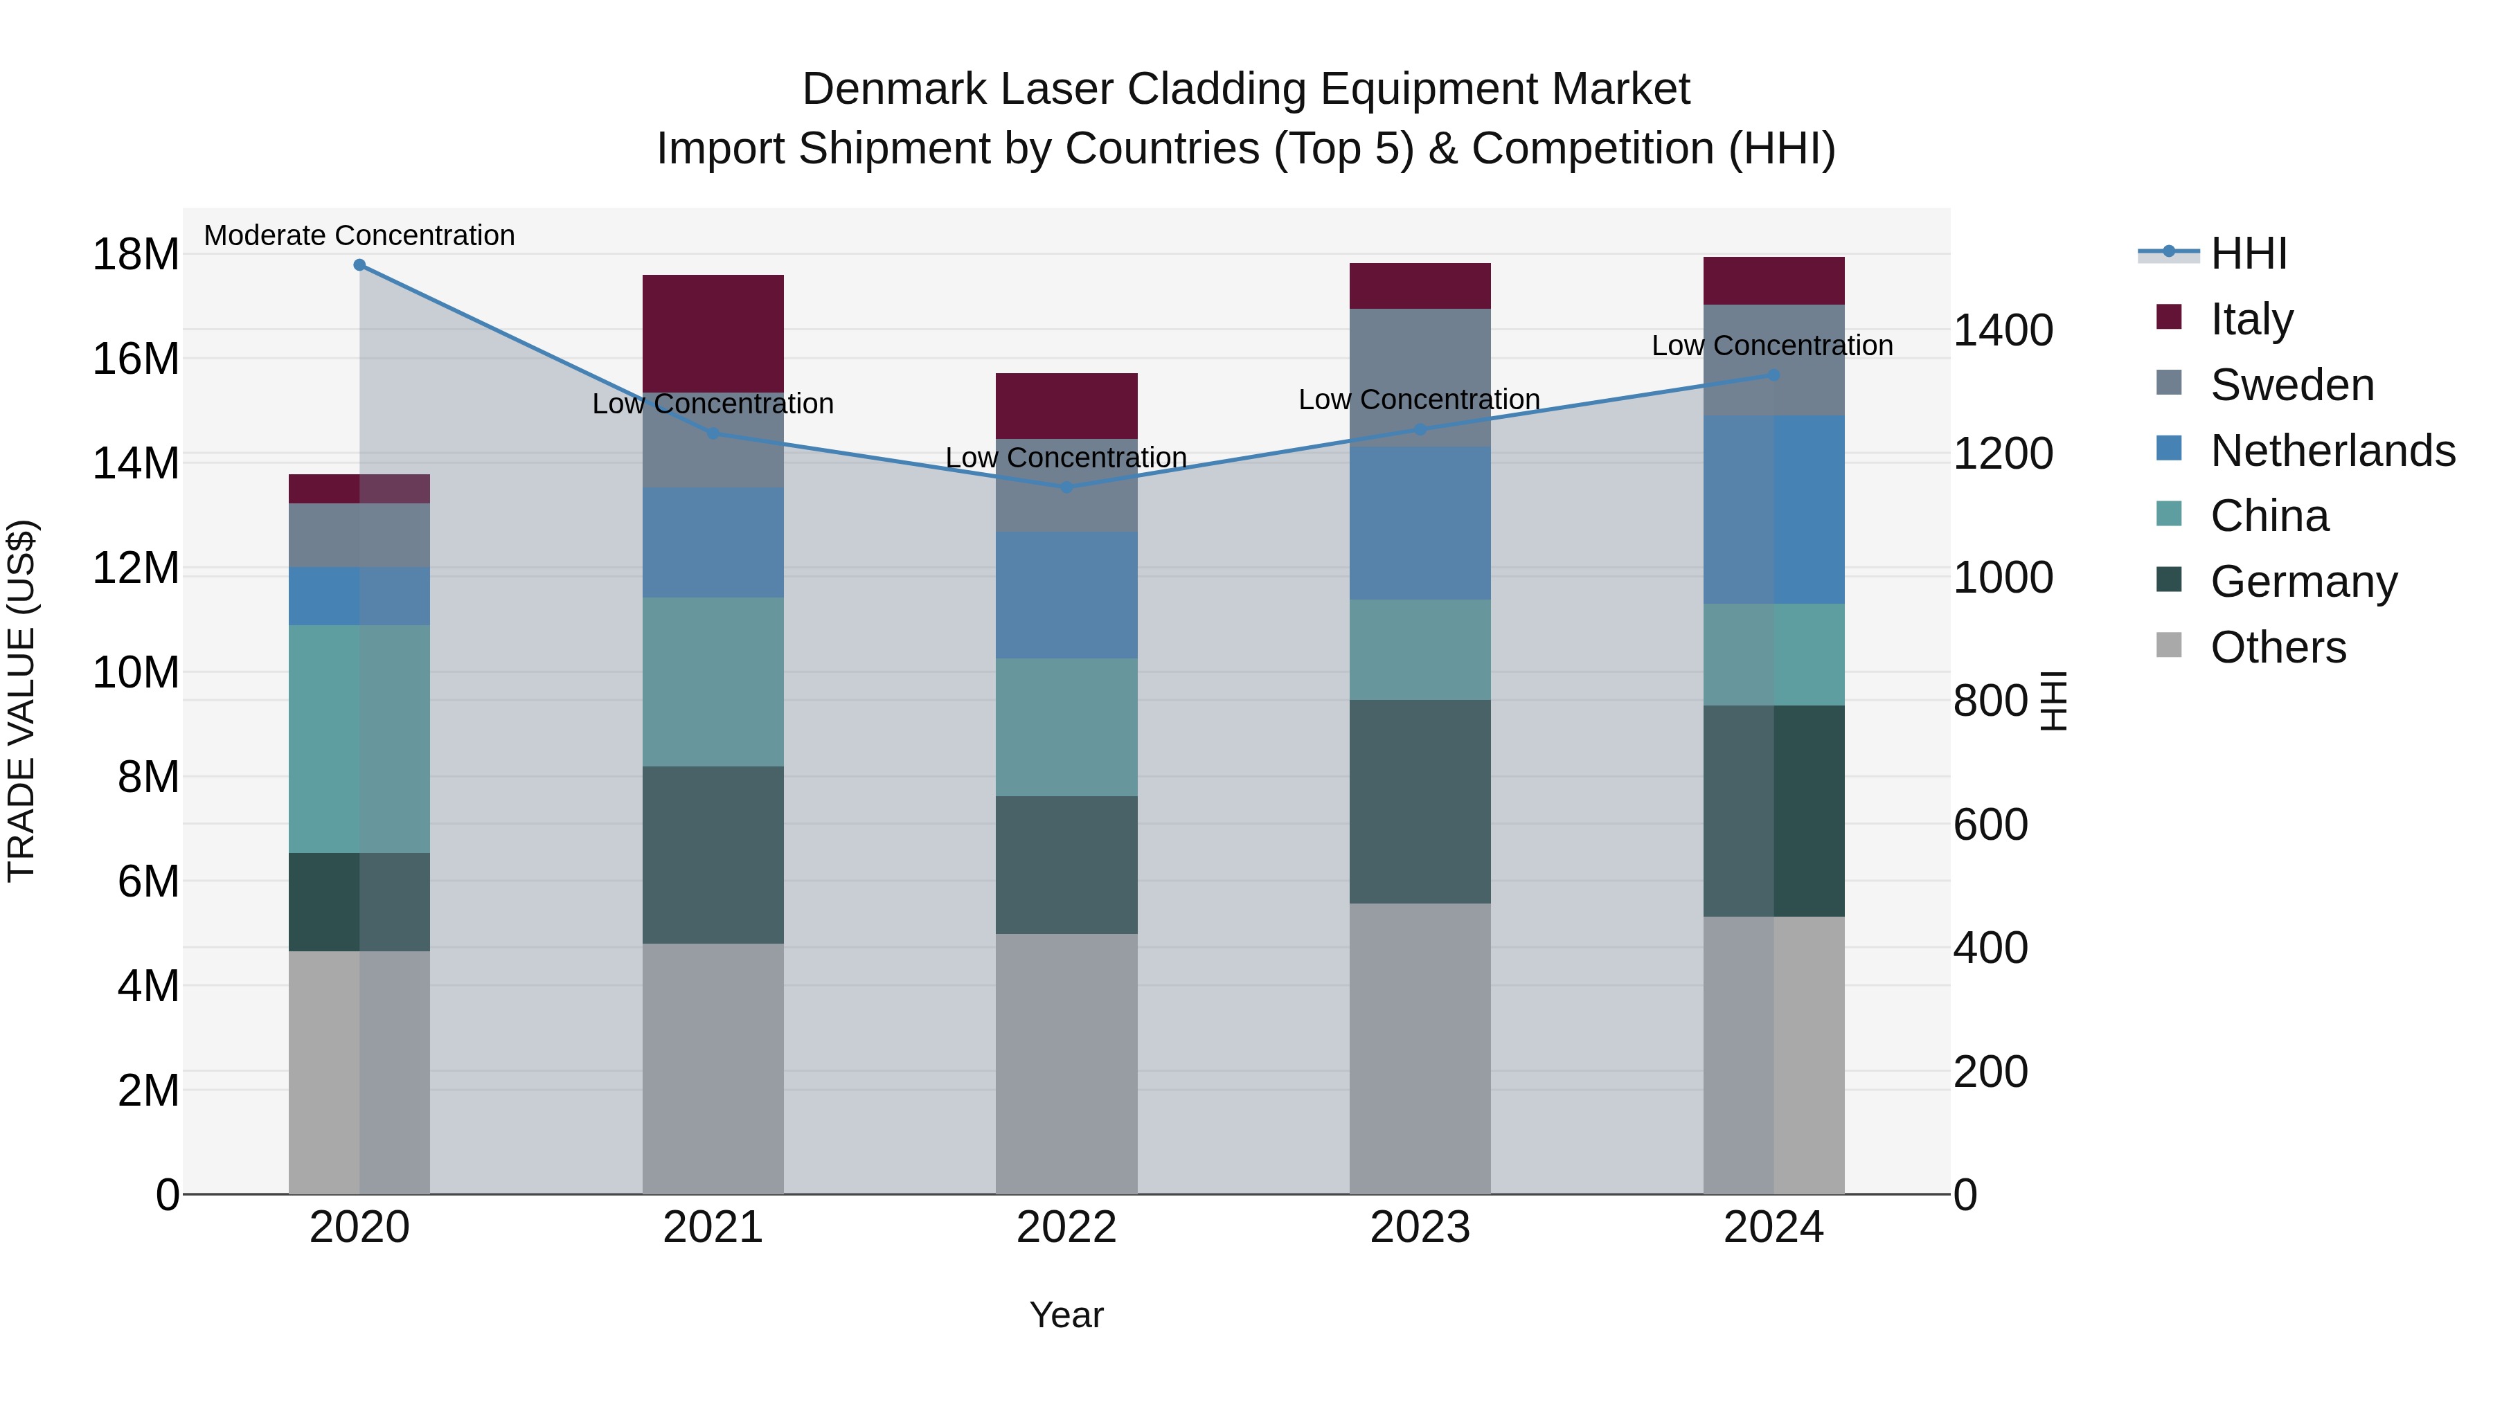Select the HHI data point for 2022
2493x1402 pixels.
coord(1066,487)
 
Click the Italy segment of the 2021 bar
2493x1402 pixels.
coord(713,333)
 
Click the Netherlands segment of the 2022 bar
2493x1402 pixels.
coord(1066,594)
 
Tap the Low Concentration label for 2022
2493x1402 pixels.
coord(1066,458)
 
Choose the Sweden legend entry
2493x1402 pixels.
coord(2291,385)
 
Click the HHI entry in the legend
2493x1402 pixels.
coord(2248,253)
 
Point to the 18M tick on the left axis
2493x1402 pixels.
coord(136,255)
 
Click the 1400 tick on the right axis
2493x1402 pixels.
coord(2002,330)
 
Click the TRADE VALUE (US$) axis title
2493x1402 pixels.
coord(21,701)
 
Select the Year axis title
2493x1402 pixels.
coord(1066,1315)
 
